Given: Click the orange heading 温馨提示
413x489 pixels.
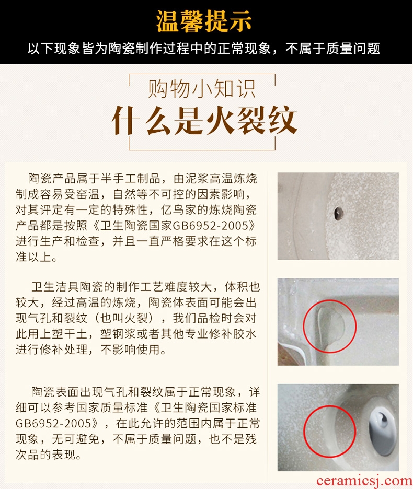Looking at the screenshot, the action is click(204, 21).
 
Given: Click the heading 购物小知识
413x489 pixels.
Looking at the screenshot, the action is click(202, 89).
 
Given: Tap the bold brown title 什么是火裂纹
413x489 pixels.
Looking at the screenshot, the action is click(204, 120).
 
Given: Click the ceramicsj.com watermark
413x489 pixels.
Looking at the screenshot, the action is click(364, 481).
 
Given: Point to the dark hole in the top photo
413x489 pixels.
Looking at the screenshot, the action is click(338, 214).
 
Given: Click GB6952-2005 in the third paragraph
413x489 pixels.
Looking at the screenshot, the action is click(53, 423).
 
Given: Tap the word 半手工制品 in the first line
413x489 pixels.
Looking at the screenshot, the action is click(131, 179).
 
